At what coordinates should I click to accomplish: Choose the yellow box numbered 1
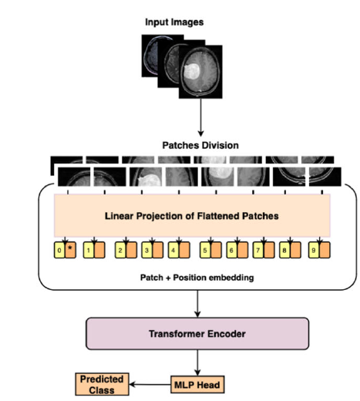89,250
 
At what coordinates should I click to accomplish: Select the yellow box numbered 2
120,250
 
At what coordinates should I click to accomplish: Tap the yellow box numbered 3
146,250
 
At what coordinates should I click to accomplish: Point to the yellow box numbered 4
173,250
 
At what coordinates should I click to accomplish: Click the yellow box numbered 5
204,250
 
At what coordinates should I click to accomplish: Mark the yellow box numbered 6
230,250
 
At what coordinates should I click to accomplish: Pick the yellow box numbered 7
257,250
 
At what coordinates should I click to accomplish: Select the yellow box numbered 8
284,250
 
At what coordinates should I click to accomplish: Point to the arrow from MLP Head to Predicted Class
150,381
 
